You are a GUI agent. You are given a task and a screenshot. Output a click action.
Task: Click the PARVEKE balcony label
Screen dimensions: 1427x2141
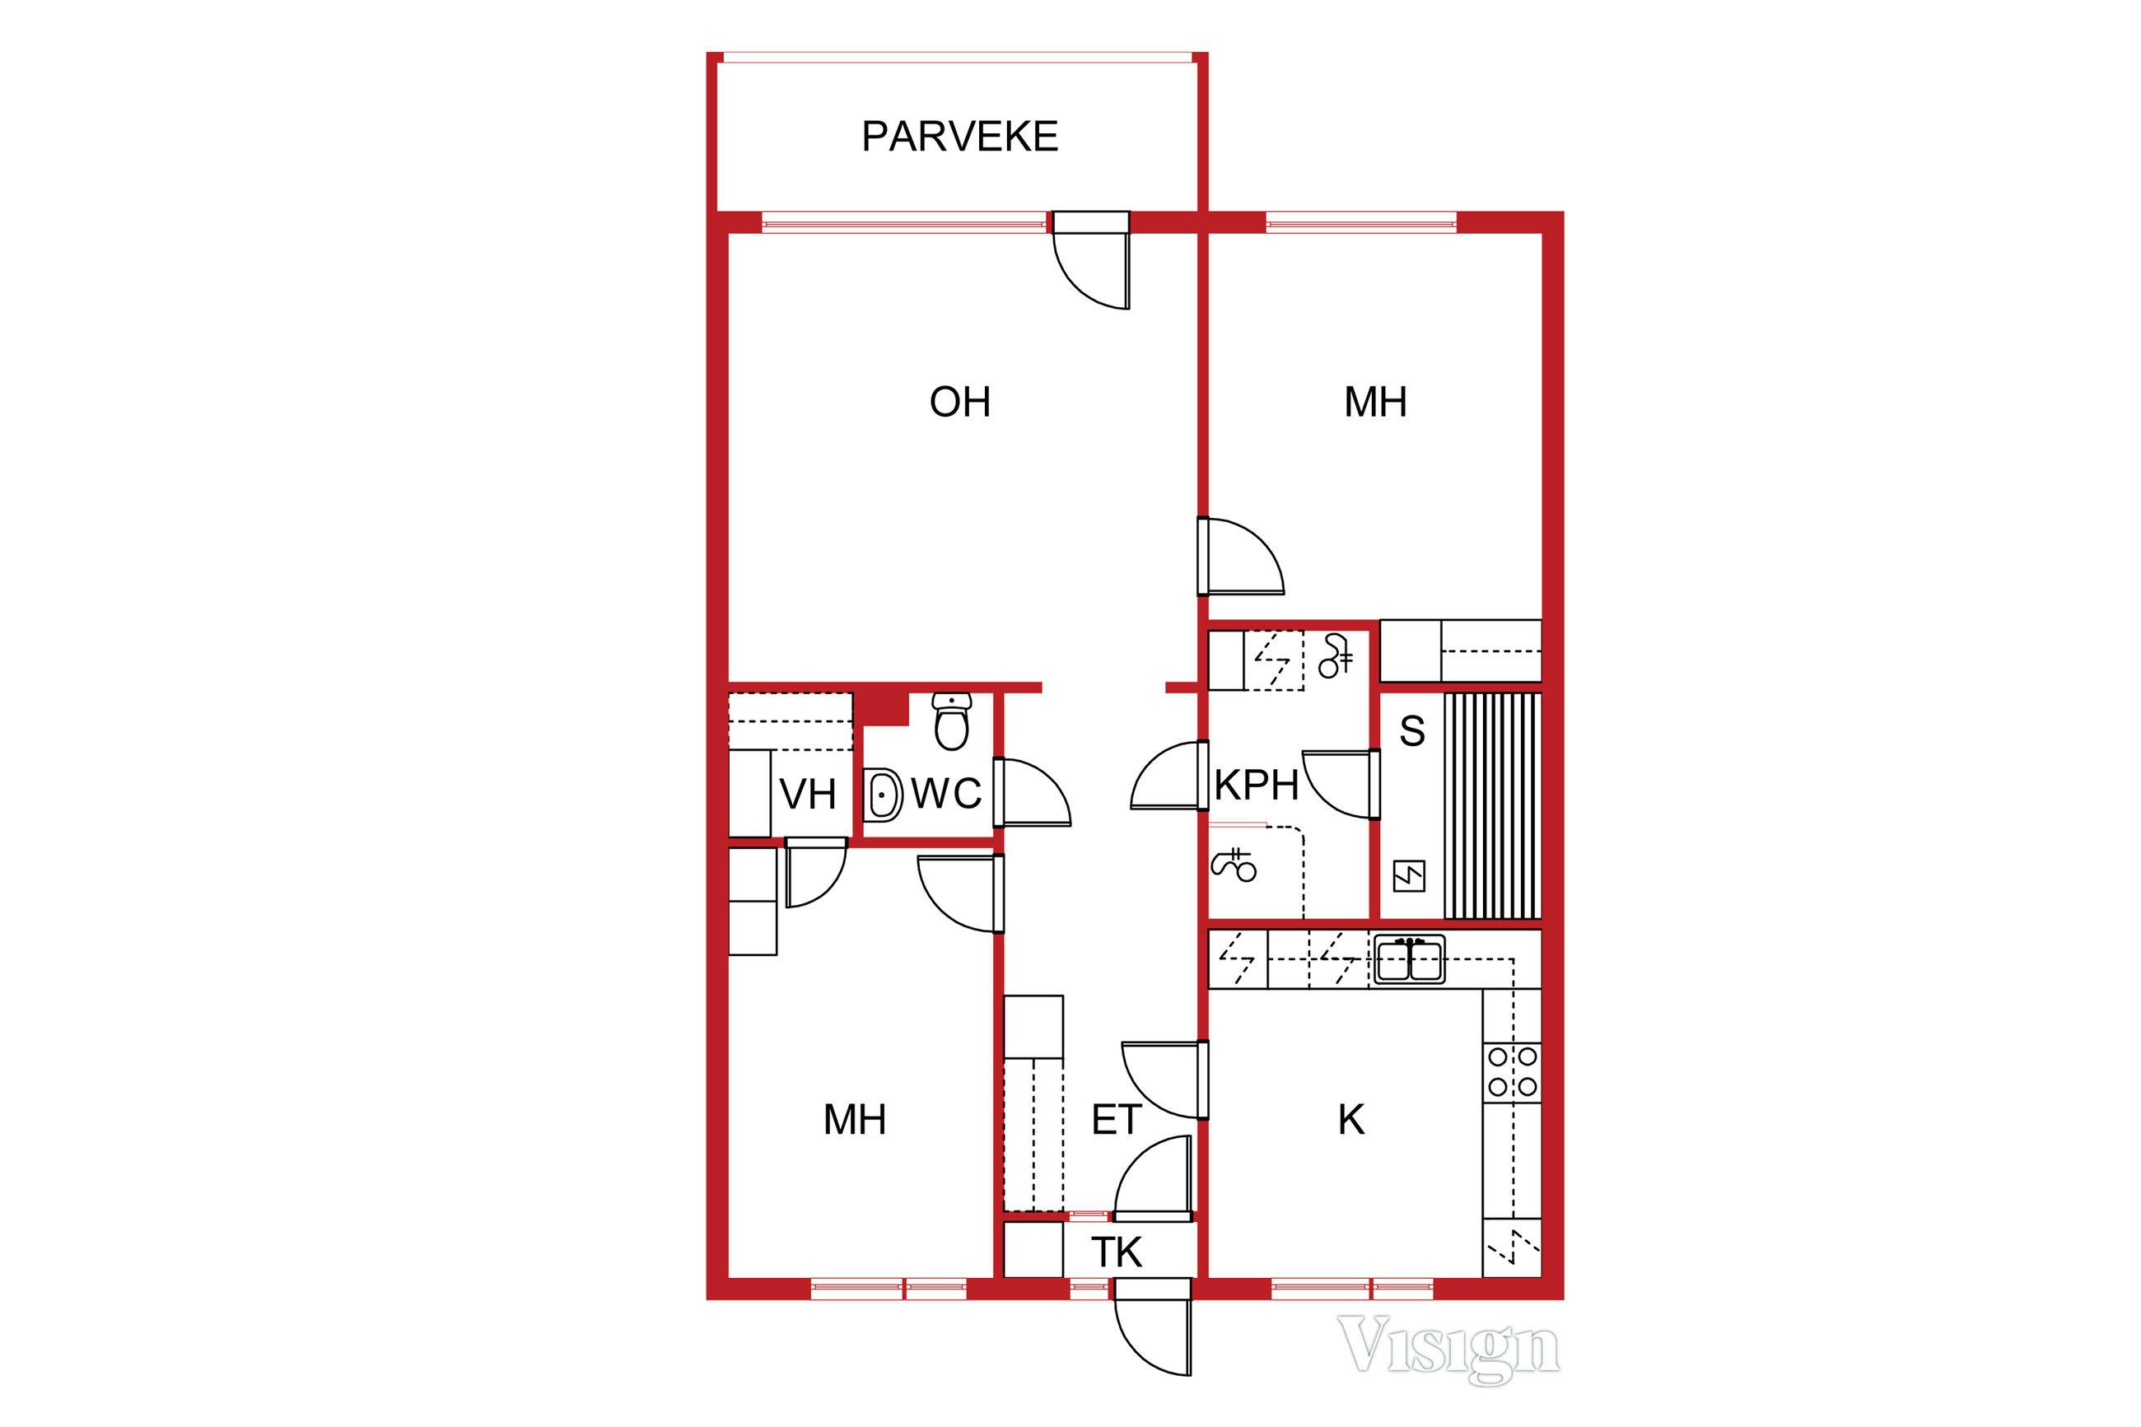click(959, 137)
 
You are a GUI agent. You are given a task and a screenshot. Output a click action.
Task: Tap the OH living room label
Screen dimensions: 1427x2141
click(959, 401)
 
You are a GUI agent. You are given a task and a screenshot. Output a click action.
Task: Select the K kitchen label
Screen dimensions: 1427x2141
click(1350, 1121)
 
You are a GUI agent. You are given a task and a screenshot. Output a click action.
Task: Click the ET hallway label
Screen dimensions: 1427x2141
click(1116, 1121)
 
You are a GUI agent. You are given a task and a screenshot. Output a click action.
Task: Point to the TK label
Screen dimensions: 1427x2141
click(1116, 1253)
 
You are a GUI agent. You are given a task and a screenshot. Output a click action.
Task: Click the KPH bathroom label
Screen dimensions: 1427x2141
click(1257, 786)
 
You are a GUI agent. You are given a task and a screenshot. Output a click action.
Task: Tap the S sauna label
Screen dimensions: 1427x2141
click(1411, 730)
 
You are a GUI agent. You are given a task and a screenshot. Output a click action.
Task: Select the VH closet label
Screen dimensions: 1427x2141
click(808, 795)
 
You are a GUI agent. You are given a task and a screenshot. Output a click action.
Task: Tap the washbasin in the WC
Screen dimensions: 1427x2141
click(881, 795)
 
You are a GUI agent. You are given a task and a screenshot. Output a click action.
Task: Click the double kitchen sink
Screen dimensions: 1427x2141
click(1408, 960)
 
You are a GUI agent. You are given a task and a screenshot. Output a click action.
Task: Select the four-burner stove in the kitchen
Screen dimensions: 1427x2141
click(1511, 1071)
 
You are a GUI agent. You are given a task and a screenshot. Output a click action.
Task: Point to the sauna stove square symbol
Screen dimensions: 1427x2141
click(1408, 876)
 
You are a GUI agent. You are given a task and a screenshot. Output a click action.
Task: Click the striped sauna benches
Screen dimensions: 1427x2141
click(1492, 805)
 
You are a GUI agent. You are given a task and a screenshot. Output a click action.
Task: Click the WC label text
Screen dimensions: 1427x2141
click(946, 795)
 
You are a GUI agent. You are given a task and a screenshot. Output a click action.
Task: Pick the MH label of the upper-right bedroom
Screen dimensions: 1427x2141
click(1375, 401)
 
